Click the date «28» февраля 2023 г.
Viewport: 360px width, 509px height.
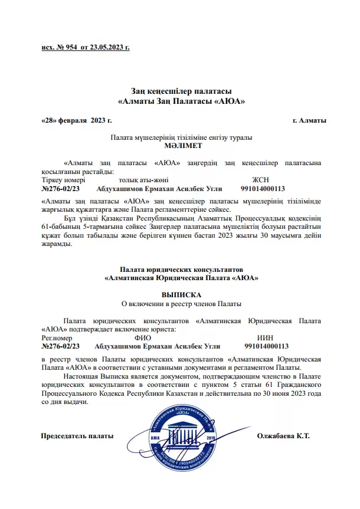point(77,120)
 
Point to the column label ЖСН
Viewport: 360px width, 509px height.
point(260,179)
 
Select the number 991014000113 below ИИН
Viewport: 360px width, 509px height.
point(266,347)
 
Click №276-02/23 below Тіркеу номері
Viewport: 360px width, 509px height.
point(60,189)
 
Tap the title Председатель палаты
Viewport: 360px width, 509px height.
point(76,436)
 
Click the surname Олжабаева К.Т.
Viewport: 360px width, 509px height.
point(284,436)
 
